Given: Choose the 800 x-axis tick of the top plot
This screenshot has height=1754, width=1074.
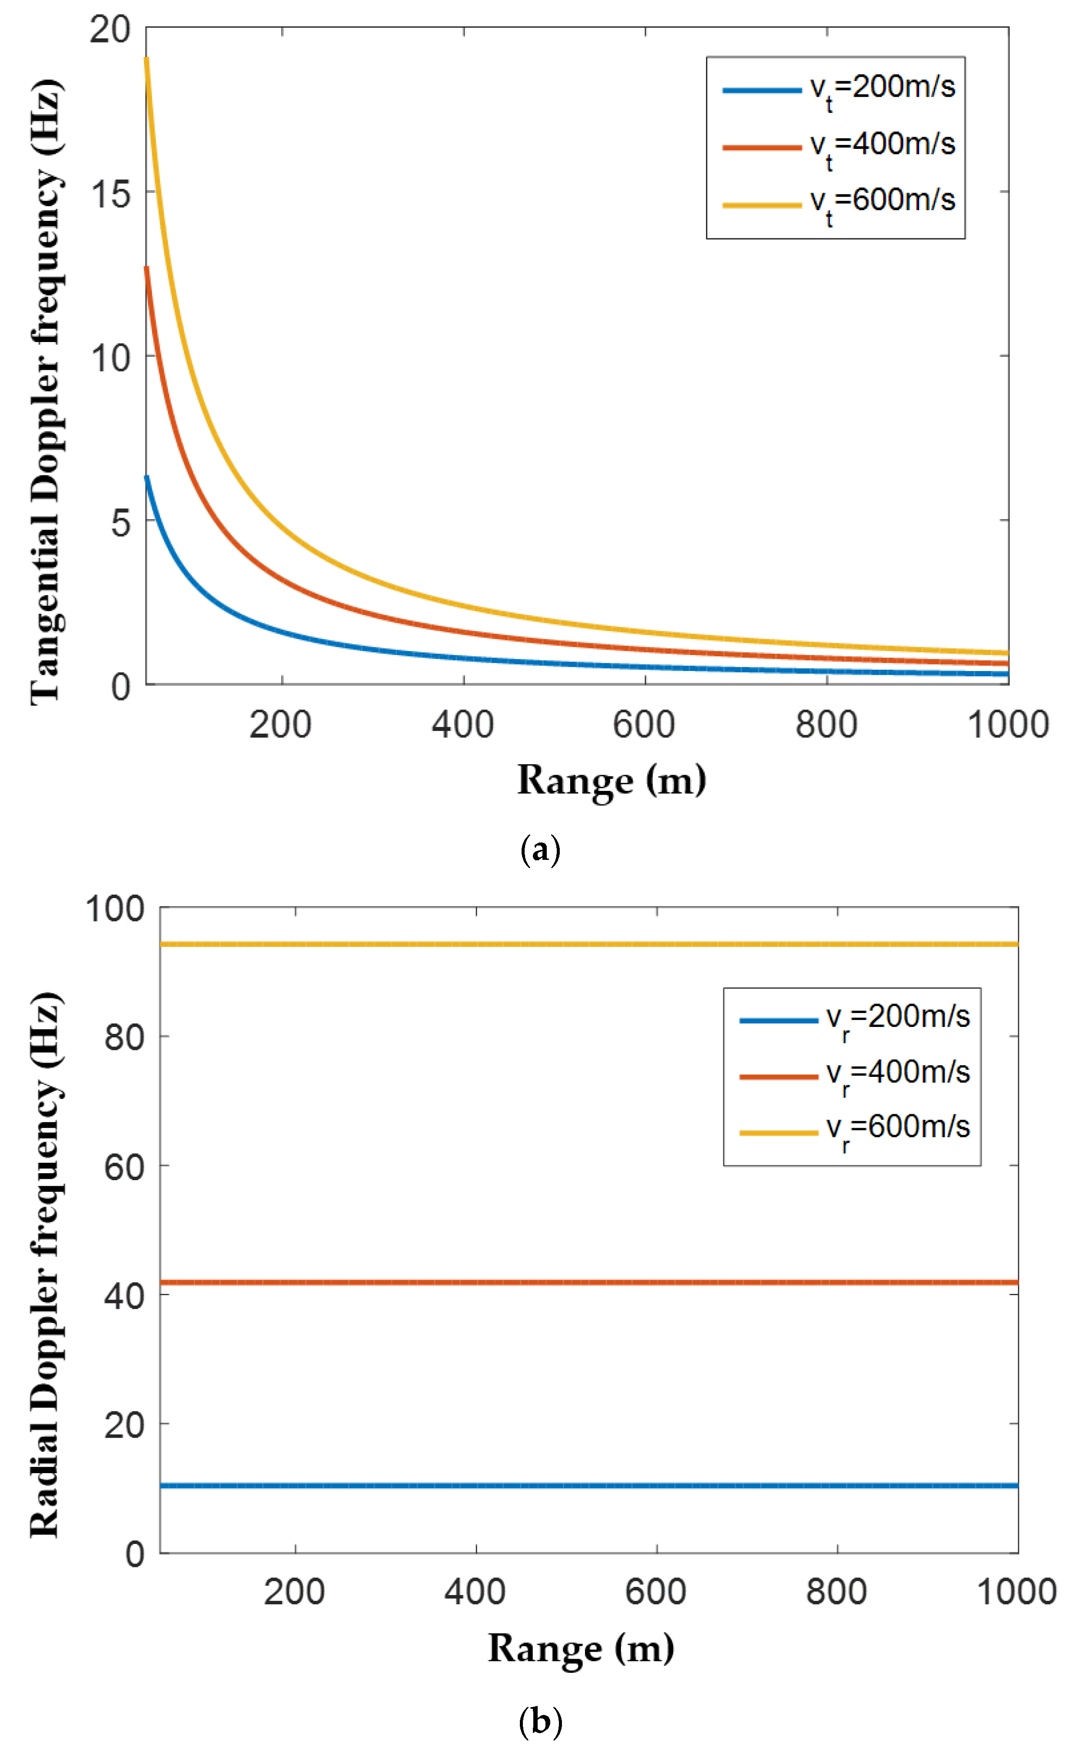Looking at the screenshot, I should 826,725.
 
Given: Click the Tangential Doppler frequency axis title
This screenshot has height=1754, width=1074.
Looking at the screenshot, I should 46,392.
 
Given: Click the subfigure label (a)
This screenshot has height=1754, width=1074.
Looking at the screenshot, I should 540,850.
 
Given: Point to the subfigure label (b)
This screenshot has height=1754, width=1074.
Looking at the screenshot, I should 540,1722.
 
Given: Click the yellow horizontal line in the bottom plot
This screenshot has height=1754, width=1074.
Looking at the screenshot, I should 569,944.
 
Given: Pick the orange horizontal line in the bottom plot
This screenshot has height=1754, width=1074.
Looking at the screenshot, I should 569,1283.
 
